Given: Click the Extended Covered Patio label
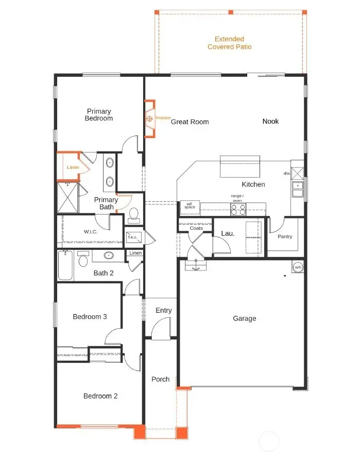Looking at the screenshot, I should coord(229,43).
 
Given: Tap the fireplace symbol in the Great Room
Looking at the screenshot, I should coord(150,119).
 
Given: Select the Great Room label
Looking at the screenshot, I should coord(190,122).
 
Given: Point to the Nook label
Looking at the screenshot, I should coord(270,121).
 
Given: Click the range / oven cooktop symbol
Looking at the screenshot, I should coord(238,209).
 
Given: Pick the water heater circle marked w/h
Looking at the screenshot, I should coord(298,267).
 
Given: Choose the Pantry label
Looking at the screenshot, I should coord(284,236).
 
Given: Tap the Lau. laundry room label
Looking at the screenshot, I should coord(228,233).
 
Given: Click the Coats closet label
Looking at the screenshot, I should coord(196,228).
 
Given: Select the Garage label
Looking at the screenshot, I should coord(244,318).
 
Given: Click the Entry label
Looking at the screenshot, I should coord(163,310).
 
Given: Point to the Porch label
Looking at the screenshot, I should coord(160,379).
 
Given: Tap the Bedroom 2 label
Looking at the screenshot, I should coord(100,396).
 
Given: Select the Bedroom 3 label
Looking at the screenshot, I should coord(90,316).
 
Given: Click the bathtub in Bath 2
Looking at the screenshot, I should coord(65,266).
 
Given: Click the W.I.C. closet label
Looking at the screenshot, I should coord(91,231).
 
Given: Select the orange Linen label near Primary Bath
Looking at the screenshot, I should coord(73,167).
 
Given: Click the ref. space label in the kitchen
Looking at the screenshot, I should coord(190,206).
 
